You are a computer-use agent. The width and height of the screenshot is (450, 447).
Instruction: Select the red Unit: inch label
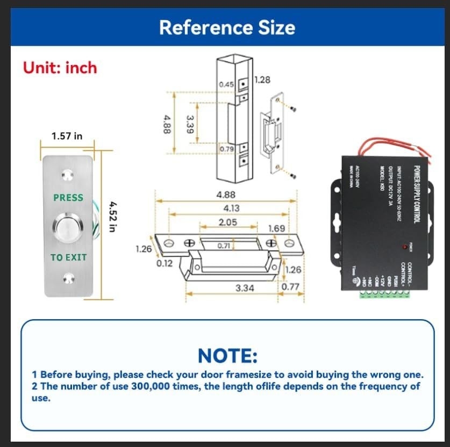point(60,68)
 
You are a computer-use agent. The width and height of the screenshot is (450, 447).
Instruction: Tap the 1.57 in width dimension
point(67,136)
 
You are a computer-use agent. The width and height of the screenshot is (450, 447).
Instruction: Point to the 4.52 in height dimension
point(112,217)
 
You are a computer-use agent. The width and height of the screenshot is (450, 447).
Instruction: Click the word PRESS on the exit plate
point(68,198)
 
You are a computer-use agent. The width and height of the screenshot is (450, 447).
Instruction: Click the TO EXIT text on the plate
point(68,257)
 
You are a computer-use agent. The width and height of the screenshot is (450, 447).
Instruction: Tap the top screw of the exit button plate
point(68,175)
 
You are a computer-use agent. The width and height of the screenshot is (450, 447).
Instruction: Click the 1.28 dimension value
point(261,80)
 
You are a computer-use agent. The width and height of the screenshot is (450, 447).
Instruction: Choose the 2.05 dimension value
point(228,222)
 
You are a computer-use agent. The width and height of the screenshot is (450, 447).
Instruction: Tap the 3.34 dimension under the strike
point(245,289)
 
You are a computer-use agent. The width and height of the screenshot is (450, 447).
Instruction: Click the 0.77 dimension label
point(290,286)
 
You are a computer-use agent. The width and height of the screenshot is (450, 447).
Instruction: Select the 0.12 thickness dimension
point(164,264)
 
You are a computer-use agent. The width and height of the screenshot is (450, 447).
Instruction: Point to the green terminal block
point(385,293)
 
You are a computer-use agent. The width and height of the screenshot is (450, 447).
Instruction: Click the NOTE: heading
point(227,356)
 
